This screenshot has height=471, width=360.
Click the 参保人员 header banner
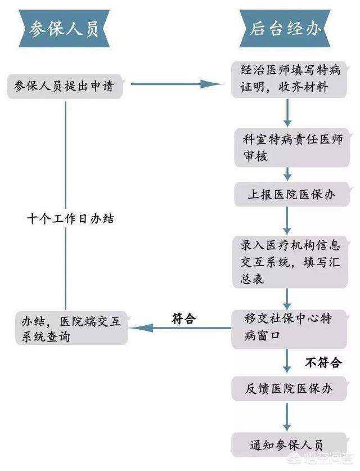click(x=64, y=29)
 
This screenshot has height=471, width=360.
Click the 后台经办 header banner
click(x=285, y=29)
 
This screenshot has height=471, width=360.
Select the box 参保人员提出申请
click(x=65, y=87)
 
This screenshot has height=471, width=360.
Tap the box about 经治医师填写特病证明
click(x=289, y=79)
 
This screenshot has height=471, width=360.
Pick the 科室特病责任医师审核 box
click(x=292, y=147)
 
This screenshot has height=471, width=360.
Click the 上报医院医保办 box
click(x=292, y=194)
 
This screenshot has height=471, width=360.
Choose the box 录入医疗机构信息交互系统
click(x=290, y=262)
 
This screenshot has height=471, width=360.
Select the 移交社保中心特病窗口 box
click(x=289, y=329)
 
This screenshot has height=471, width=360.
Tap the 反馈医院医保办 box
click(x=289, y=388)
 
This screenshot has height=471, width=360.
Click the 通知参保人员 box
click(x=289, y=445)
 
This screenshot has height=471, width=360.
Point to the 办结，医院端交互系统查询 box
click(x=72, y=328)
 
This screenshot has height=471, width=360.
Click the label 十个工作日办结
click(x=70, y=219)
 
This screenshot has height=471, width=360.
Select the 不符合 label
click(x=323, y=362)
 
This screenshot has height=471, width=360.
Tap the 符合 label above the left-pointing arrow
click(x=184, y=319)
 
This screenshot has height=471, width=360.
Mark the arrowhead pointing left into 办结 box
click(x=141, y=328)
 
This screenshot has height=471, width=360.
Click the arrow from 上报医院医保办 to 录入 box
click(x=287, y=221)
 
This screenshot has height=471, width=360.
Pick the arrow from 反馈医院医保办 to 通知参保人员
click(x=287, y=417)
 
